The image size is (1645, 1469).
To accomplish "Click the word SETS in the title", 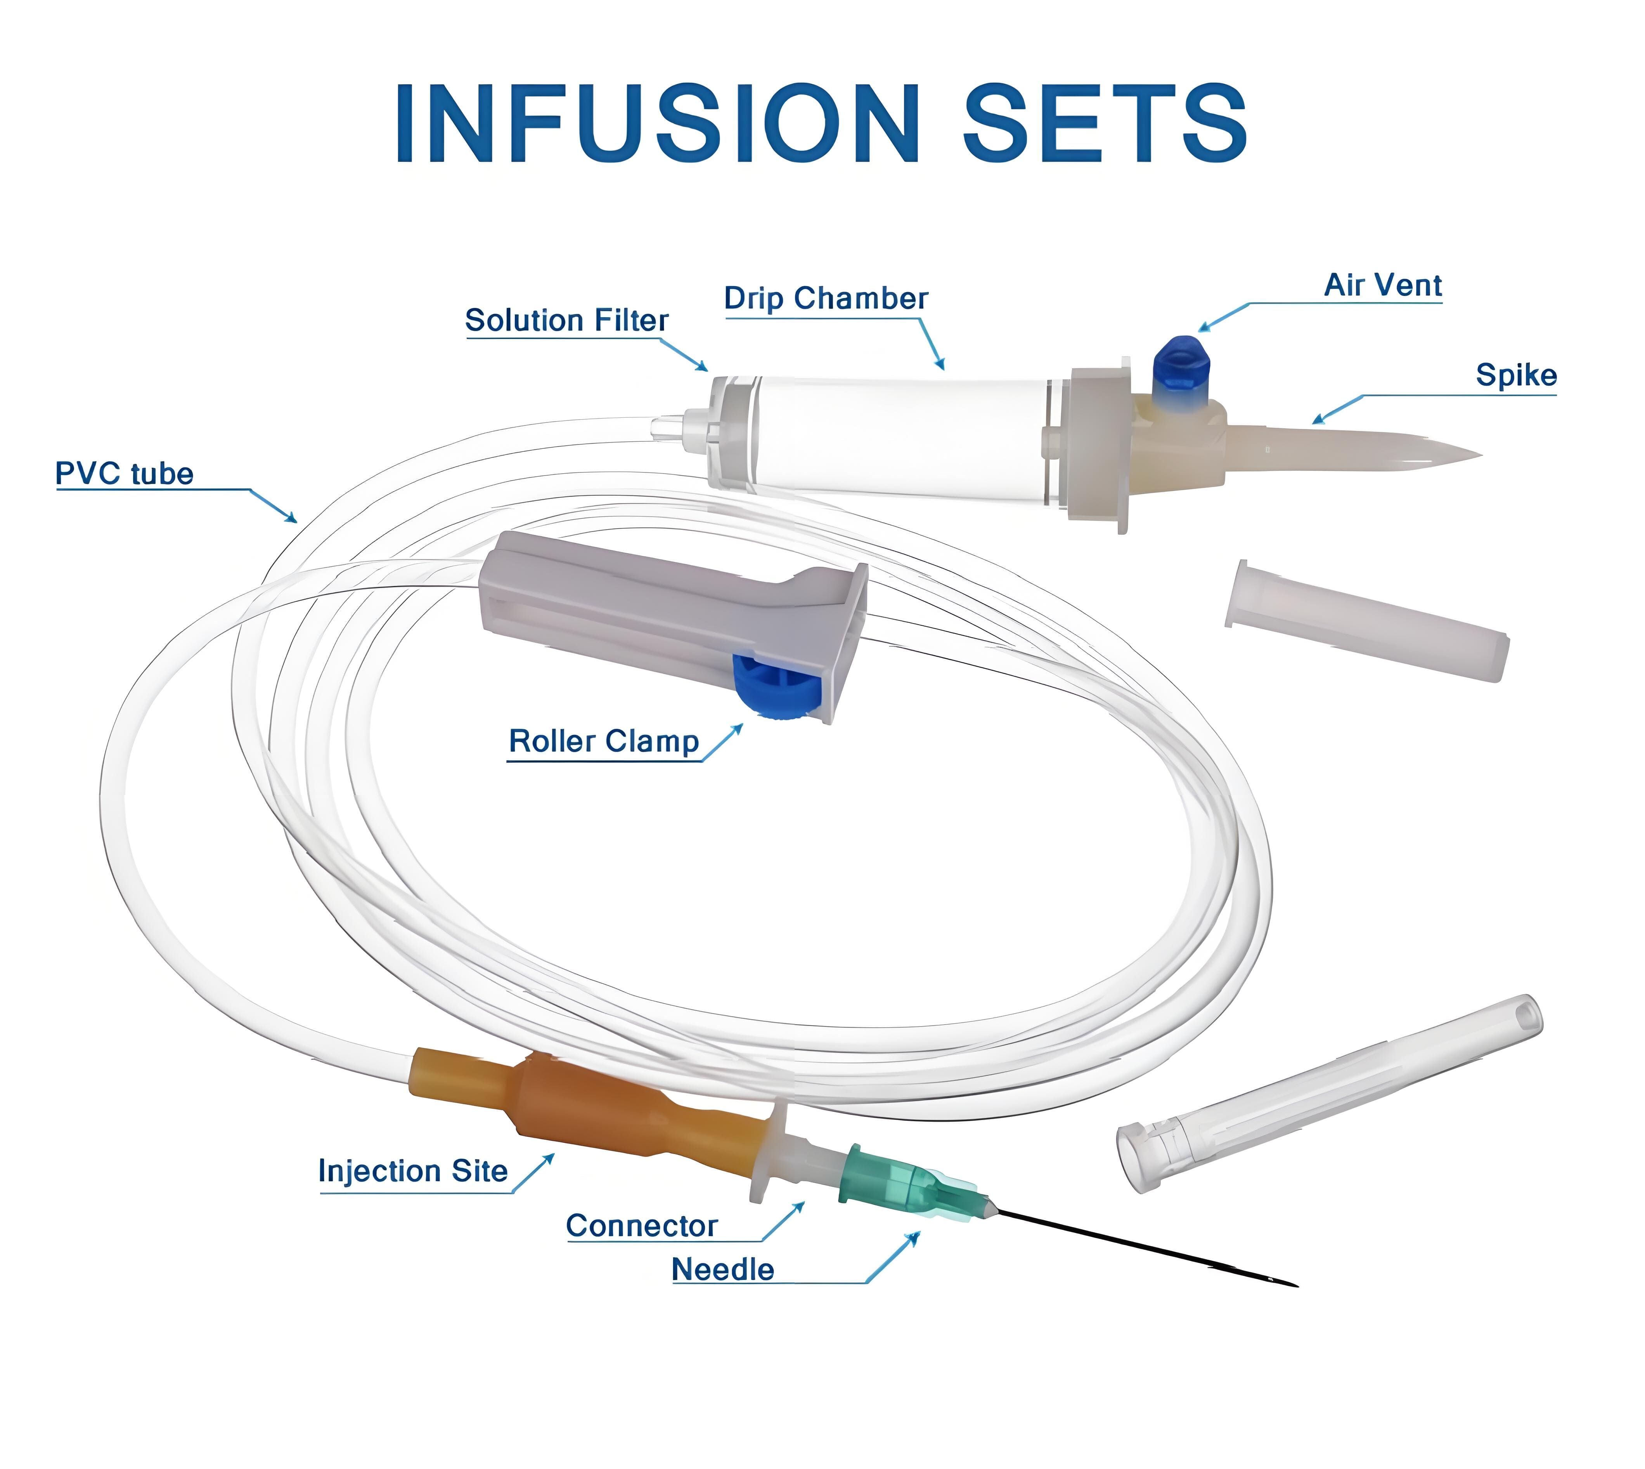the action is (x=1105, y=123).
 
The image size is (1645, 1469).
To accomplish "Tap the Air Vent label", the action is (x=1383, y=285).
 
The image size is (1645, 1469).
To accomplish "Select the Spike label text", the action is (x=1516, y=375).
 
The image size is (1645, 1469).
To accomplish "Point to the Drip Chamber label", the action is (x=825, y=299).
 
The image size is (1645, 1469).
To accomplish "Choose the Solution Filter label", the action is (x=566, y=320).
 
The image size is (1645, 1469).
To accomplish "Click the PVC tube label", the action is (x=124, y=474).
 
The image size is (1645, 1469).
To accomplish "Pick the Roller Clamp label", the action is (x=603, y=741).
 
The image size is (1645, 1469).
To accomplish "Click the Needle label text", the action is (x=723, y=1269).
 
